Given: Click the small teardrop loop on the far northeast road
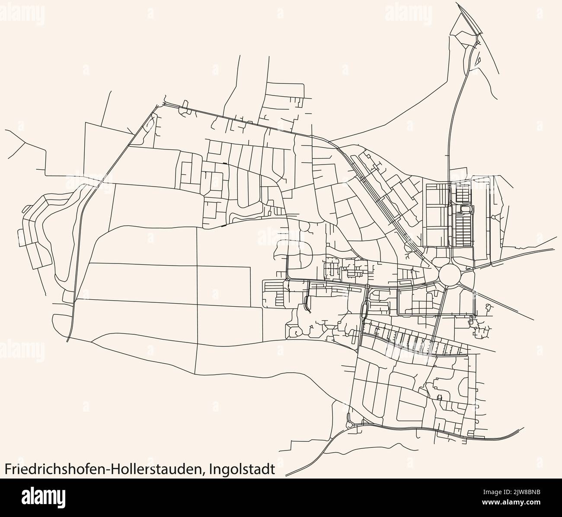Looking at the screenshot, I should click(x=478, y=61).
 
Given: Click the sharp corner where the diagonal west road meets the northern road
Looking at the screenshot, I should click(x=155, y=105).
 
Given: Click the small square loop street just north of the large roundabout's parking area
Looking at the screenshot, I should click(x=466, y=209).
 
